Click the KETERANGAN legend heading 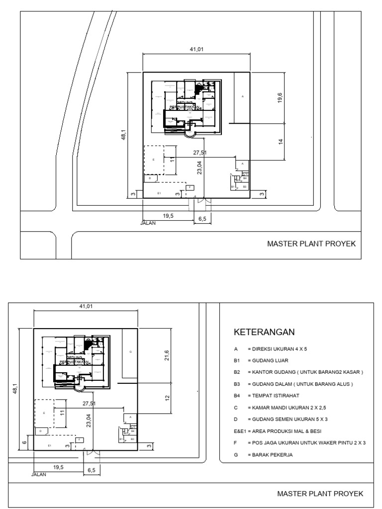pos(264,332)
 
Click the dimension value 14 pos(281,142)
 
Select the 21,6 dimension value pos(167,356)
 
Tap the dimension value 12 pos(168,398)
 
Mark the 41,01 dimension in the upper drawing pos(197,49)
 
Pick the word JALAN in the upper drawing pos(149,223)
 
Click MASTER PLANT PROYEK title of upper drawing pos(311,244)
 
